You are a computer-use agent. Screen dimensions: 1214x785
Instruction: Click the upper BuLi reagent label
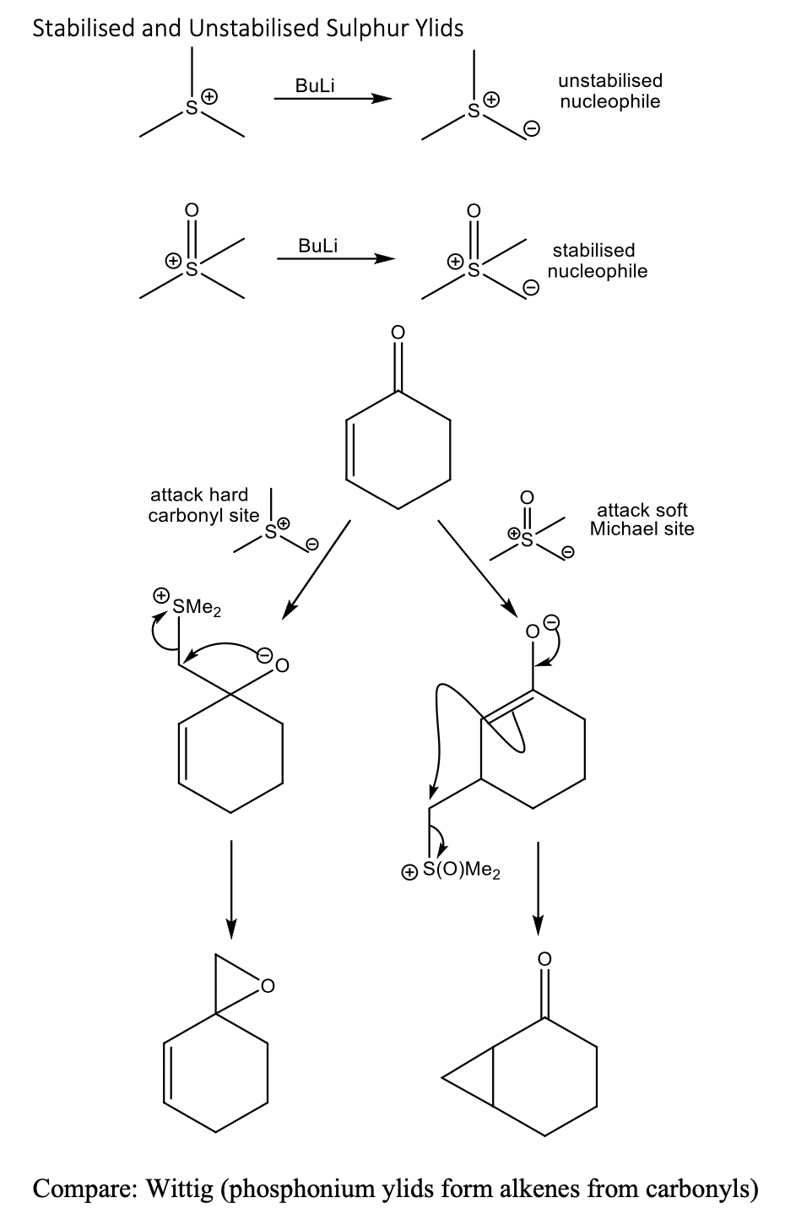pos(316,85)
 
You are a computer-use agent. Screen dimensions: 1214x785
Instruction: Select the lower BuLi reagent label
pos(317,246)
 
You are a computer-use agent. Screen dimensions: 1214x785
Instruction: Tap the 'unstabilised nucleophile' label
pos(609,91)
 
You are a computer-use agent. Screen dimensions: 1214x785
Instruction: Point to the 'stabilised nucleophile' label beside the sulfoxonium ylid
pos(597,261)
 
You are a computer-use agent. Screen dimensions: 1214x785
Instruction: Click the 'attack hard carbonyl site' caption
pos(198,505)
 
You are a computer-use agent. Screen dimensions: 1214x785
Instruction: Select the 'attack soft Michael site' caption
pos(642,519)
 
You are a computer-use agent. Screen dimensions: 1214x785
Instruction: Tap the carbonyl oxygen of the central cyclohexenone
pos(399,333)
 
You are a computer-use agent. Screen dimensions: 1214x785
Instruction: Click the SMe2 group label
pos(196,606)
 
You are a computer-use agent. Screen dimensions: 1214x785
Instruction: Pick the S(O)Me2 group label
pos(461,870)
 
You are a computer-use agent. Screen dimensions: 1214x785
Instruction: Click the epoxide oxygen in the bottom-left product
pos(268,984)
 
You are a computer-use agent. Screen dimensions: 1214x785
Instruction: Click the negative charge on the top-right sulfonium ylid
pos(531,128)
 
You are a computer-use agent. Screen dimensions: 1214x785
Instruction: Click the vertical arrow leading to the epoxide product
pos(230,886)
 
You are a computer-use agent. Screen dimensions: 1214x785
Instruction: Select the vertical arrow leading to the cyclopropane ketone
pos(537,886)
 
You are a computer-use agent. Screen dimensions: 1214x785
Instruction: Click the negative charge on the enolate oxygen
pos(550,623)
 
